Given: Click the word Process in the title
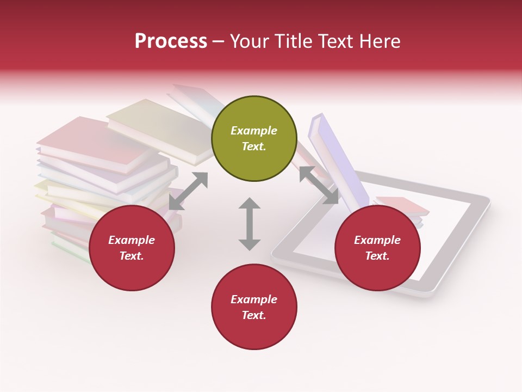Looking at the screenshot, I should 171,41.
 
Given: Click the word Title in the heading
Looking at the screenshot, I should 295,41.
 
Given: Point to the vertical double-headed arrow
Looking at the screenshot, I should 250,224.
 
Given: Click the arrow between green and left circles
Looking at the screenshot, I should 188,191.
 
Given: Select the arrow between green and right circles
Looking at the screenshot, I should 319,185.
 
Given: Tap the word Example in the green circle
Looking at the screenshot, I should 254,131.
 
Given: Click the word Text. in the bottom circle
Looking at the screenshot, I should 254,315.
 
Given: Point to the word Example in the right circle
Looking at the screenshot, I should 377,240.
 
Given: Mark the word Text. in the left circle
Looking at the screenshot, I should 132,256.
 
